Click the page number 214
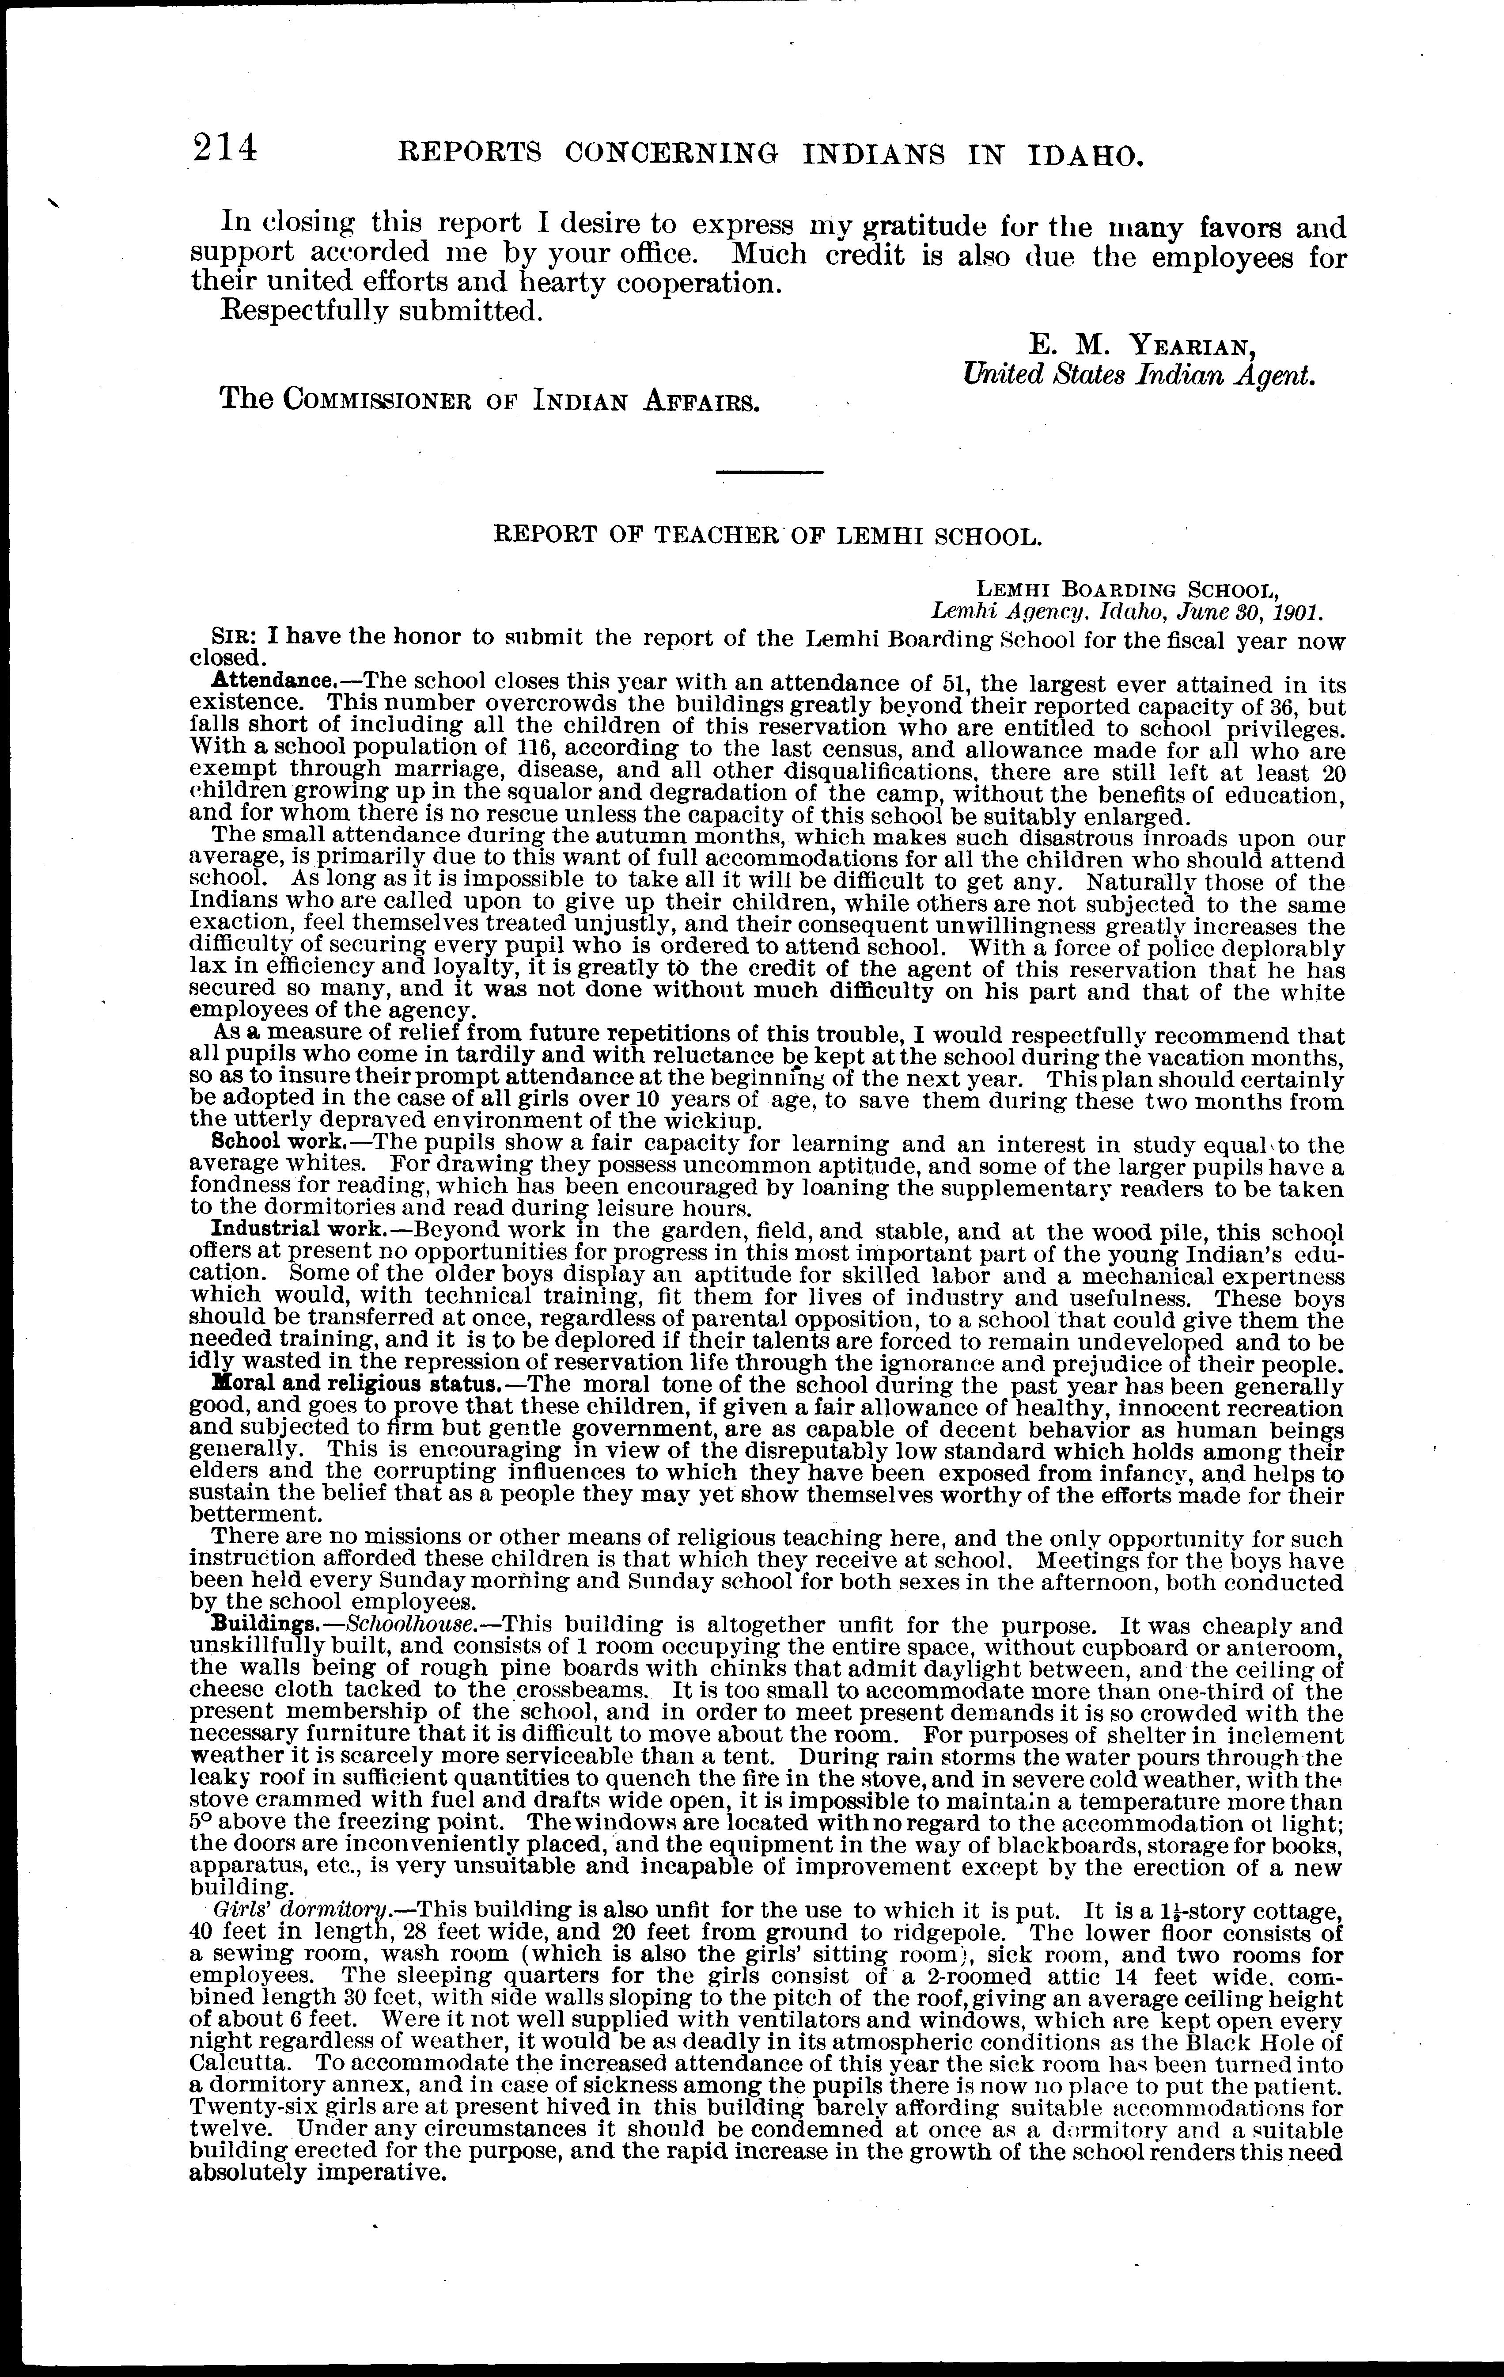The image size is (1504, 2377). point(225,149)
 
